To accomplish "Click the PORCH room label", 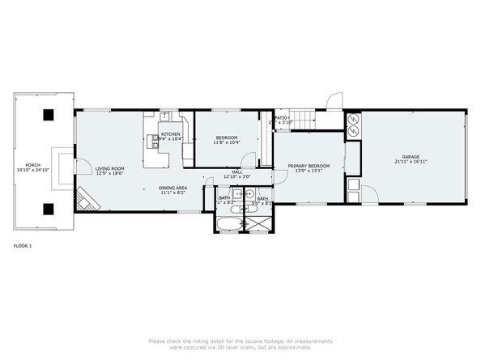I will click(33, 164).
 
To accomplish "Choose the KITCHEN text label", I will click(171, 134).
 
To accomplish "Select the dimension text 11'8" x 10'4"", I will click(226, 143).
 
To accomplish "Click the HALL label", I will click(237, 172).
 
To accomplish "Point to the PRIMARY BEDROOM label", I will click(309, 165).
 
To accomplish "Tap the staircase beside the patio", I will click(304, 121).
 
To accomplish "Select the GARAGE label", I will click(411, 156).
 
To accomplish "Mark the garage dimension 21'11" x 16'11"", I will click(411, 162).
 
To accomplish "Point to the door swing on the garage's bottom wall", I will click(368, 195).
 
